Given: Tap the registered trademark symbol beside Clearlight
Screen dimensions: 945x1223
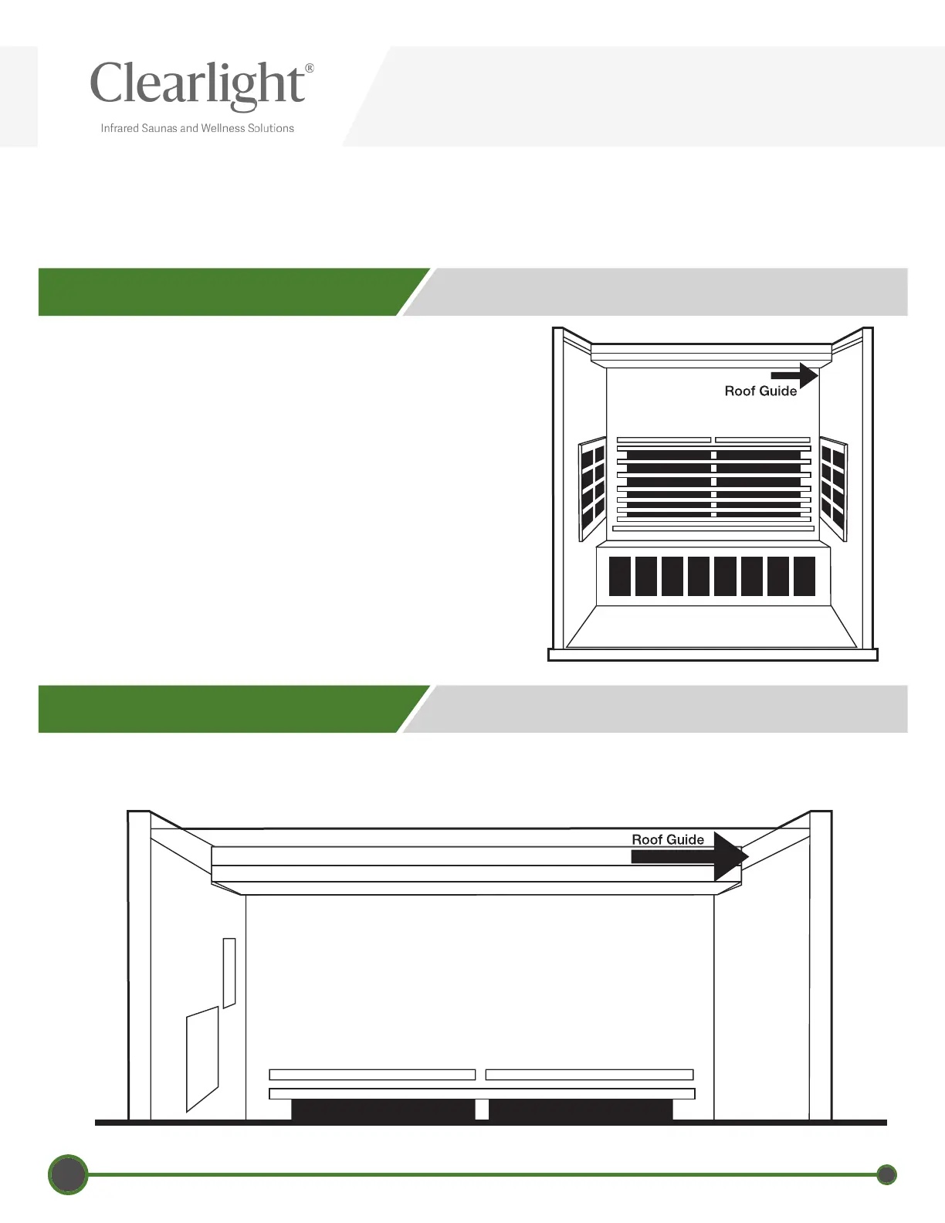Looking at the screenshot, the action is [310, 68].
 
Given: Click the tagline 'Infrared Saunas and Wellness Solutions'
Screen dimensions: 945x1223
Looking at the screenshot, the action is [197, 128].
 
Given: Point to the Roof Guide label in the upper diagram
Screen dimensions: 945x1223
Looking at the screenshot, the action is [760, 391].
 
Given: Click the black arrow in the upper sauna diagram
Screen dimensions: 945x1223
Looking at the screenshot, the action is [795, 375].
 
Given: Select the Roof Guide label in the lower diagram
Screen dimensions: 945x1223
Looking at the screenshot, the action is [668, 839].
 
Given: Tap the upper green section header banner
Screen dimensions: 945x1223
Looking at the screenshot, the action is [224, 292].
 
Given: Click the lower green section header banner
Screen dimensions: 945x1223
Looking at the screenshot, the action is [224, 709].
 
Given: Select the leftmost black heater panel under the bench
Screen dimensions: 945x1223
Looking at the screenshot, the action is [620, 576].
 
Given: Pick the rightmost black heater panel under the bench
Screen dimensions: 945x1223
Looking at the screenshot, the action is [804, 576].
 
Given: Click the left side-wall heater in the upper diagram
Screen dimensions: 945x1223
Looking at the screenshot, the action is [592, 488].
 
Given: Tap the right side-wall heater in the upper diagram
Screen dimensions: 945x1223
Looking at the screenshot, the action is [833, 488].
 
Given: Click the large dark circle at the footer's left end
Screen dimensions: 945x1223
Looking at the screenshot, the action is [68, 1175].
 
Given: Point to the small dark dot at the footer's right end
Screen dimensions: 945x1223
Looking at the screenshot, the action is [887, 1175].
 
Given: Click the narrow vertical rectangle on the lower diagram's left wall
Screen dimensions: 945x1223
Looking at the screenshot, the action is [229, 972].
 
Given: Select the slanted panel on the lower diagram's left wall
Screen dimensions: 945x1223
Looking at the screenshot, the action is [202, 1059].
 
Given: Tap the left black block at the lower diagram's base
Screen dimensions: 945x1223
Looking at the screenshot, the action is [382, 1110].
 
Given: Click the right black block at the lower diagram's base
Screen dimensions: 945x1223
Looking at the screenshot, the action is [581, 1110].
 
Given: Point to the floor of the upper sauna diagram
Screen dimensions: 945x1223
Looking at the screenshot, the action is [711, 627].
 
